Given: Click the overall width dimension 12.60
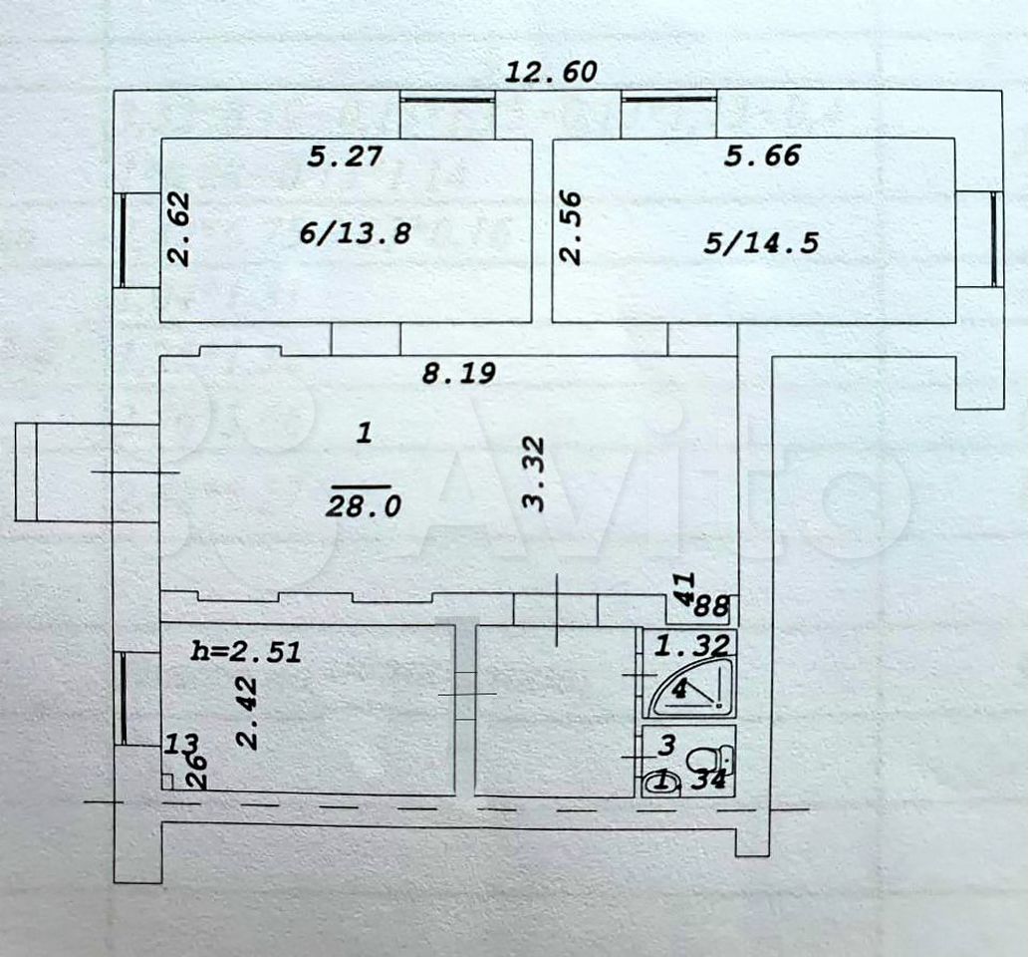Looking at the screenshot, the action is tap(552, 71).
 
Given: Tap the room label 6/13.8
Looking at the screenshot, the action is tap(355, 232).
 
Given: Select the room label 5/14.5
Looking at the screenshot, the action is tap(761, 242).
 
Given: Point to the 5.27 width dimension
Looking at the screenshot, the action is tap(345, 157).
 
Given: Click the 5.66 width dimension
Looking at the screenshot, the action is tap(762, 156).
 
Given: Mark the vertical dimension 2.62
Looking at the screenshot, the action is tap(178, 229).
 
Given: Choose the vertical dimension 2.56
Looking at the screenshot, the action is tap(571, 227).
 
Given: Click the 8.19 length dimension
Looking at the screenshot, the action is tap(459, 373).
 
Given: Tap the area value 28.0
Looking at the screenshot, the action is tap(364, 506).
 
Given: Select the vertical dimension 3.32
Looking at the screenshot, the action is tap(534, 475).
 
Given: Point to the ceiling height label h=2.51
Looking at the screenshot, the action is tap(246, 651).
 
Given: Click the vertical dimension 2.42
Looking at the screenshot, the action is tap(248, 713).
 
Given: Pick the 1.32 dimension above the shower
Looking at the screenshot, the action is tap(692, 647).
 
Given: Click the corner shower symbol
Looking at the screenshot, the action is tap(689, 688).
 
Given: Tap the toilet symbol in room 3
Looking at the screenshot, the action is tap(709, 761).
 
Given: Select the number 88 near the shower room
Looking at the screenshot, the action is tap(711, 605).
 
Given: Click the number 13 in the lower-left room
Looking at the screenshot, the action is tap(181, 744).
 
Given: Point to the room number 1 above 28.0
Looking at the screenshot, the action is tap(365, 433).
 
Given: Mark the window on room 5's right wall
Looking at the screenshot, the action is tap(995, 239).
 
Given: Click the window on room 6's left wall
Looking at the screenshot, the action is tap(123, 240).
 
